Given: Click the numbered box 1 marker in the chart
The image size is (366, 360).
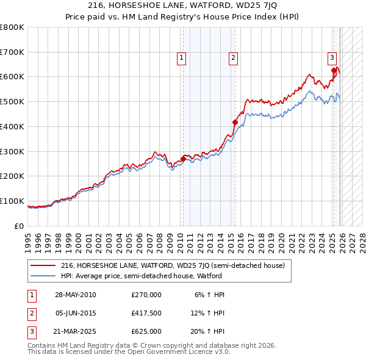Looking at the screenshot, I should pos(182,58).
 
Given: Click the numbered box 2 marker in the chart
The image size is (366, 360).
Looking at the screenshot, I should pos(233,58).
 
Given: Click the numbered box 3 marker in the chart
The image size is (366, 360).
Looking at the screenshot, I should pos(332,58).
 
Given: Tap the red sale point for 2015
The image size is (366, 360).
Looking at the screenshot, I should pos(235,122).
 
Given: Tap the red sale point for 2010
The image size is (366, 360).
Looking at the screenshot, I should pos(183,159).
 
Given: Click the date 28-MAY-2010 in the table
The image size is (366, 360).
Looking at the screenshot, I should pos(75,295).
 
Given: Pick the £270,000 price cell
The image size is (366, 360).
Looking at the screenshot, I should pos(146,295).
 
